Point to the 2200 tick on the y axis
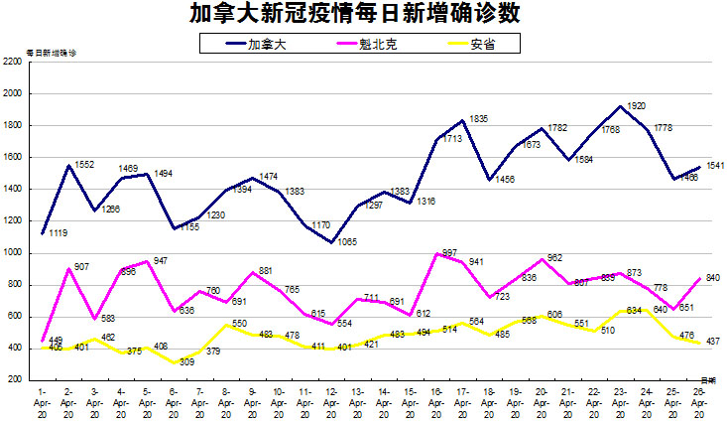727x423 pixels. (x=13, y=62)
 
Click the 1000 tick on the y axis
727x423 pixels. (x=13, y=252)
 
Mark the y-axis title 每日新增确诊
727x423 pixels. (x=50, y=50)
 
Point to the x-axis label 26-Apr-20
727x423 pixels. (x=698, y=402)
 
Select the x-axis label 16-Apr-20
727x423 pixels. (x=436, y=402)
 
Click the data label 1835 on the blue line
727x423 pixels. (x=477, y=119)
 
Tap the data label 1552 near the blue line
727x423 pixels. (x=83, y=164)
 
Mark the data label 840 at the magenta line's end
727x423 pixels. (x=711, y=278)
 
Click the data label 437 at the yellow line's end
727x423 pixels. (x=711, y=342)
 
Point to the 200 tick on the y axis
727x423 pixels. (x=15, y=379)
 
